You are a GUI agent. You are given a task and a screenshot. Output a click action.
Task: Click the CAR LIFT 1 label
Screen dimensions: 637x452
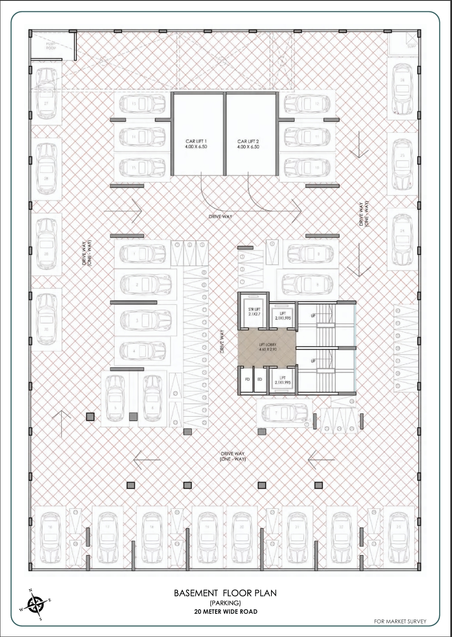(x=196, y=144)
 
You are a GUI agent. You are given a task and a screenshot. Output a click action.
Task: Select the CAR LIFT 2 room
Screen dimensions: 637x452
(x=251, y=137)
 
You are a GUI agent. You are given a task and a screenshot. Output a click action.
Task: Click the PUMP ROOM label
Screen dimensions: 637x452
(x=51, y=46)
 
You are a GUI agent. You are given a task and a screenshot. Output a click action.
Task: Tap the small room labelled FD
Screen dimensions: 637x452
(x=247, y=380)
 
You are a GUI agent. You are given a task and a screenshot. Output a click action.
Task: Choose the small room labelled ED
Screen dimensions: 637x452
(x=260, y=380)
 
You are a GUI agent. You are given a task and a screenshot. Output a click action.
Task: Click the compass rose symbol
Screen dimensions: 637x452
(x=36, y=604)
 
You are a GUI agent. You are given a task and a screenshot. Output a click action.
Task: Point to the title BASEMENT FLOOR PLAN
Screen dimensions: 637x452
(x=225, y=593)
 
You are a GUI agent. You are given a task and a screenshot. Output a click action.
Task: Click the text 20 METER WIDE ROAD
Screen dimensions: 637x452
(x=225, y=612)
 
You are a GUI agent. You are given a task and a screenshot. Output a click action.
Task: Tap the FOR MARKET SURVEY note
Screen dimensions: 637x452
(x=400, y=621)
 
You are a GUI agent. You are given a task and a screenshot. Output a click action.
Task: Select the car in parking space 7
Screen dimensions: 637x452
(x=284, y=413)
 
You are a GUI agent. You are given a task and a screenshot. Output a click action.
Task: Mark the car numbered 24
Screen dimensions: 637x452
(x=402, y=239)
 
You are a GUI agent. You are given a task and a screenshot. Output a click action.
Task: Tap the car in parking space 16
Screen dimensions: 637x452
(x=51, y=537)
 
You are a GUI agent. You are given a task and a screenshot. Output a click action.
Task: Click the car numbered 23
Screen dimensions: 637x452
(x=399, y=537)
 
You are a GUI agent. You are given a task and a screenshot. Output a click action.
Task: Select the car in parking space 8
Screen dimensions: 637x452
(x=308, y=285)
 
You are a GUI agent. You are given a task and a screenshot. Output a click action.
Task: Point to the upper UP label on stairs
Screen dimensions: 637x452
(x=313, y=316)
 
